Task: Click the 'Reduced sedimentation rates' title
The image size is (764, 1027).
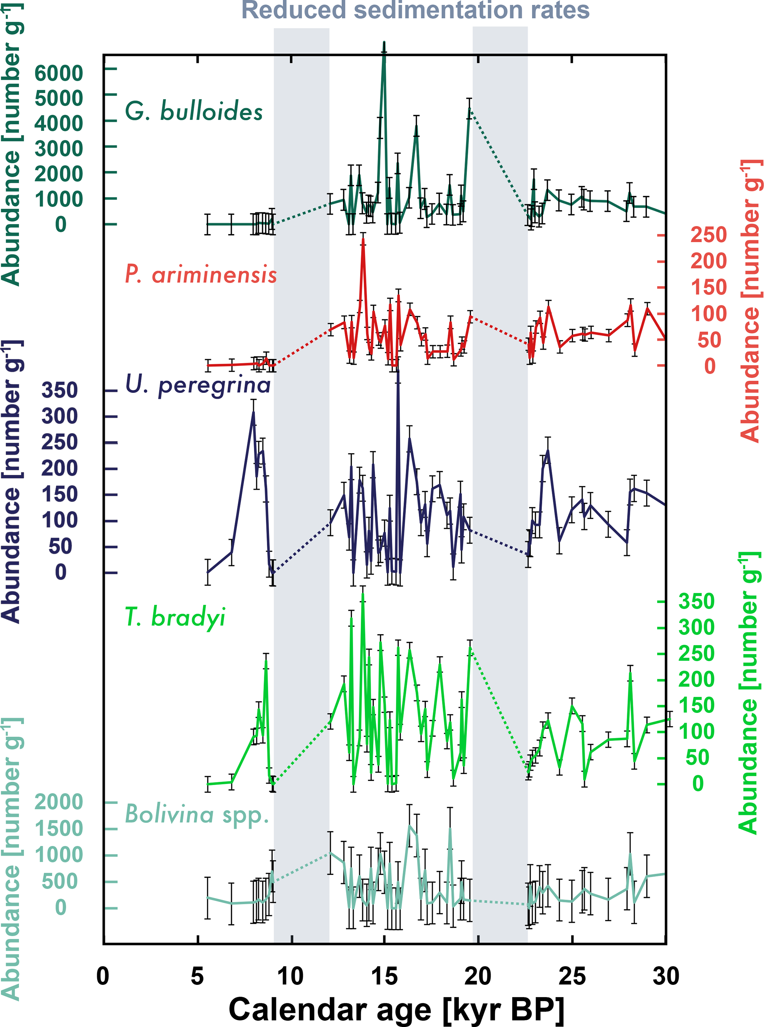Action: point(415,10)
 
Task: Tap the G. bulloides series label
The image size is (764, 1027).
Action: point(194,112)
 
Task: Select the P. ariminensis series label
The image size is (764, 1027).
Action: point(201,275)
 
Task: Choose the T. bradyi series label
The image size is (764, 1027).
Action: point(175,617)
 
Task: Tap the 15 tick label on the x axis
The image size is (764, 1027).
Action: point(384,976)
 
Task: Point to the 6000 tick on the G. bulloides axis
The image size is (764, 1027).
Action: point(59,73)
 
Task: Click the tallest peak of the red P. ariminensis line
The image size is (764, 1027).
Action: point(363,239)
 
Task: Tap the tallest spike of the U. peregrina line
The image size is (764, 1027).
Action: point(398,370)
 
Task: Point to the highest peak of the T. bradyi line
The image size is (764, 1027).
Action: point(363,594)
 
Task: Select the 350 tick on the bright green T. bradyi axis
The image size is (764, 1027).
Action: point(696,602)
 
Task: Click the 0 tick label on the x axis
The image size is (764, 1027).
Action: point(103,976)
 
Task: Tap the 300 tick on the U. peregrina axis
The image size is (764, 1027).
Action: point(60,417)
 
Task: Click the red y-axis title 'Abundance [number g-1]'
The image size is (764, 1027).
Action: point(749,301)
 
